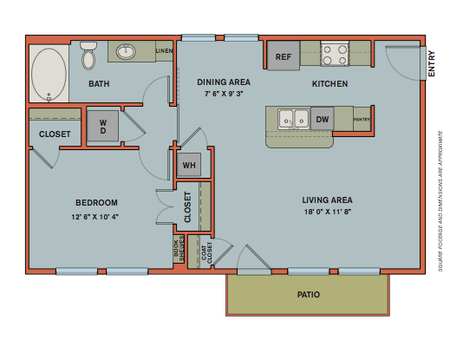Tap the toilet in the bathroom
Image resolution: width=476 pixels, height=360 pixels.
[x=88, y=57]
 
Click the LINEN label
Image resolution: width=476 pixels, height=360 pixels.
[x=164, y=51]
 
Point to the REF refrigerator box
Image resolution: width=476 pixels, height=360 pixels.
[x=283, y=57]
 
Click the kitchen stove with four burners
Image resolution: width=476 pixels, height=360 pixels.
[x=334, y=56]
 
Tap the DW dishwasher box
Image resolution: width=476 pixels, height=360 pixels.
[x=322, y=119]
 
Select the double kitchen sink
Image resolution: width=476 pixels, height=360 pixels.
[x=292, y=118]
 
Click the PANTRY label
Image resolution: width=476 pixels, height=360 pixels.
[x=362, y=120]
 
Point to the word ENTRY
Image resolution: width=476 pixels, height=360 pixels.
[x=432, y=63]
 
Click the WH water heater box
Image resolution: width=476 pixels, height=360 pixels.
[x=189, y=165]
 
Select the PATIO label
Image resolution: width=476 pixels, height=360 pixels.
[x=309, y=295]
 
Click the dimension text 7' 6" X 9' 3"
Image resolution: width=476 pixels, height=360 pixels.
[x=224, y=93]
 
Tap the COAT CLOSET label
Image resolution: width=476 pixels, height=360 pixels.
[x=205, y=252]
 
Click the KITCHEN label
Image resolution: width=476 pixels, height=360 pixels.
[x=329, y=84]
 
